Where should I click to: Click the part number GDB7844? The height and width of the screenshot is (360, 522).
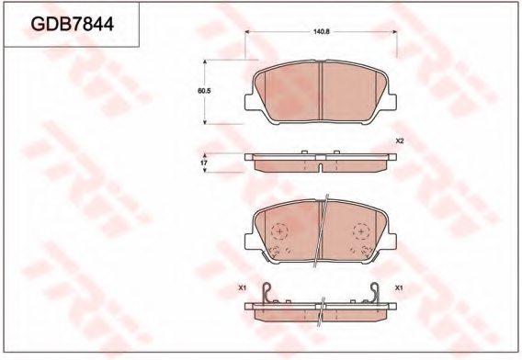click(x=73, y=25)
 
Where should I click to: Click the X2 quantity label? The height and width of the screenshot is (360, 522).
click(x=400, y=141)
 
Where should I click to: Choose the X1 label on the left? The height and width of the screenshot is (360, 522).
click(x=244, y=288)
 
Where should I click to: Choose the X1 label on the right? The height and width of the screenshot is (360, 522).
click(x=400, y=288)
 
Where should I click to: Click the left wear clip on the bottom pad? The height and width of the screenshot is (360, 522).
click(x=266, y=294)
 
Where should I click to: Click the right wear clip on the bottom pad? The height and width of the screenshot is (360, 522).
click(x=377, y=294)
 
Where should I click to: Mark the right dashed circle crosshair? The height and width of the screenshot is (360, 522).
click(x=358, y=231)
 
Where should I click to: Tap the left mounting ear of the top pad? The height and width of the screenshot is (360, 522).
click(x=250, y=101)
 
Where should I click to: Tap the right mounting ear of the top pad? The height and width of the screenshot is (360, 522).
click(x=391, y=101)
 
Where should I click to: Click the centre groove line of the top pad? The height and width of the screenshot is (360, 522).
click(x=321, y=92)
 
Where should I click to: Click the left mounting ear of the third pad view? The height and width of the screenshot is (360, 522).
click(x=250, y=241)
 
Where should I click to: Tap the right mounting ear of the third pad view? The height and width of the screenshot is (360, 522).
click(x=391, y=241)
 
